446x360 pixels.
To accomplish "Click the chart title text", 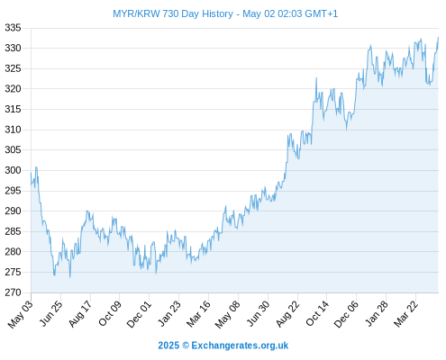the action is click(x=225, y=13).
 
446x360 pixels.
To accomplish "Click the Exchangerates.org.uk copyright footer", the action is click(x=223, y=346).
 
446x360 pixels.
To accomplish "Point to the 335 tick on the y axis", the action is click(x=13, y=28).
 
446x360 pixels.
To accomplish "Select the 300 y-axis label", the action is click(x=13, y=170).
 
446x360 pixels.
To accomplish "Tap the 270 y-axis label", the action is click(x=13, y=292).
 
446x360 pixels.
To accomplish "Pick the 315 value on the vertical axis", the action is click(x=13, y=109).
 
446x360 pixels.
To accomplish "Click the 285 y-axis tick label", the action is click(x=13, y=231).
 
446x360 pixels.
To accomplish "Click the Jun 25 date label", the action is click(x=51, y=312).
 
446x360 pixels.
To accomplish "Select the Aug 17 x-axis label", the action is click(x=80, y=313).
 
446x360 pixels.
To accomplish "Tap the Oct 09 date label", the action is click(x=110, y=313).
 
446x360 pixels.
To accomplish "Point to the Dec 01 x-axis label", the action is click(x=139, y=313).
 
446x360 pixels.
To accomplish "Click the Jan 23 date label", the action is click(x=169, y=313).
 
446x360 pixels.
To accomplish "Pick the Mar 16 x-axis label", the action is click(x=198, y=313).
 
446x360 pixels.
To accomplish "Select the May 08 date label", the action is click(x=228, y=314).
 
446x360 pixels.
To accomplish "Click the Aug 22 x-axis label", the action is click(x=287, y=313).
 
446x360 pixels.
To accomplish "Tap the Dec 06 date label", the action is click(x=346, y=313).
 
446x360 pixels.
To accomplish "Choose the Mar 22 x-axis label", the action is click(x=405, y=313).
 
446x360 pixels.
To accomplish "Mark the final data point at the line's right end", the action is click(x=438, y=38).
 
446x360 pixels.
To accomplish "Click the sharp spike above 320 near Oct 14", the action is click(x=316, y=78).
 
